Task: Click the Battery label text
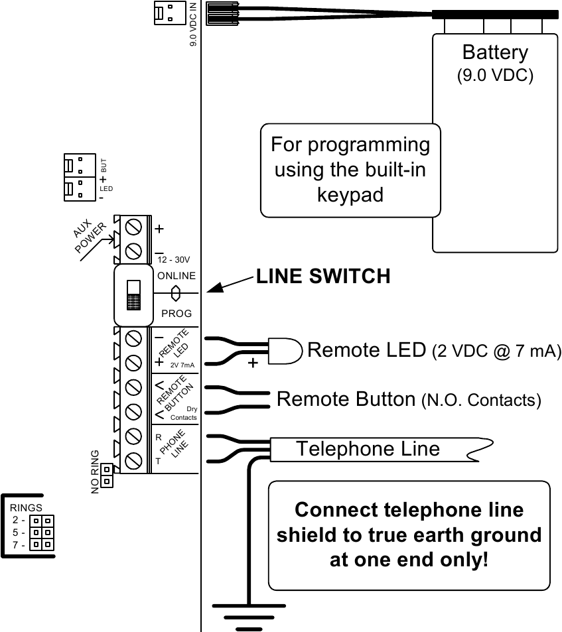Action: pos(495,52)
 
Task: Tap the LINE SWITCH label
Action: pos(323,277)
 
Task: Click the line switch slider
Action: pos(133,294)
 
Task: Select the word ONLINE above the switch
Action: pos(176,276)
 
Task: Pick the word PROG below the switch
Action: pos(176,313)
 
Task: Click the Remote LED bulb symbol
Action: pos(285,350)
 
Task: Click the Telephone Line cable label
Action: pos(368,449)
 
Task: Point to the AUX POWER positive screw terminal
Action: pos(132,227)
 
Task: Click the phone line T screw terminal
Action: pos(132,460)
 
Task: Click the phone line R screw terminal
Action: pos(132,436)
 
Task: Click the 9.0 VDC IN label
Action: pos(193,24)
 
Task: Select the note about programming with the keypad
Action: pos(350,170)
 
